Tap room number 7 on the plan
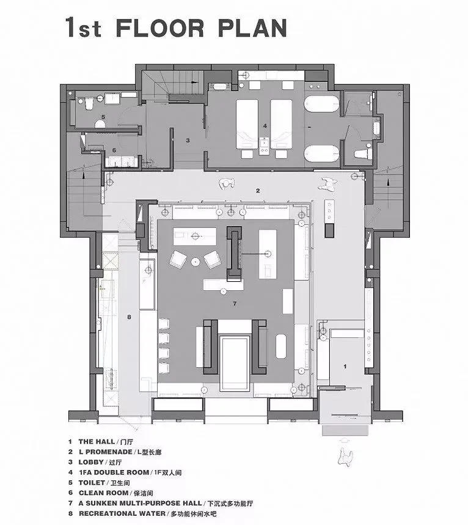pyautogui.click(x=234, y=303)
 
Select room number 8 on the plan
pyautogui.click(x=129, y=317)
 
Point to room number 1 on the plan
pyautogui.click(x=345, y=366)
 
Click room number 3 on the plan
pyautogui.click(x=188, y=140)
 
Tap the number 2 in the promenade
pyautogui.click(x=258, y=191)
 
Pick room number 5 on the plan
pyautogui.click(x=103, y=116)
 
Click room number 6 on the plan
pyautogui.click(x=114, y=150)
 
